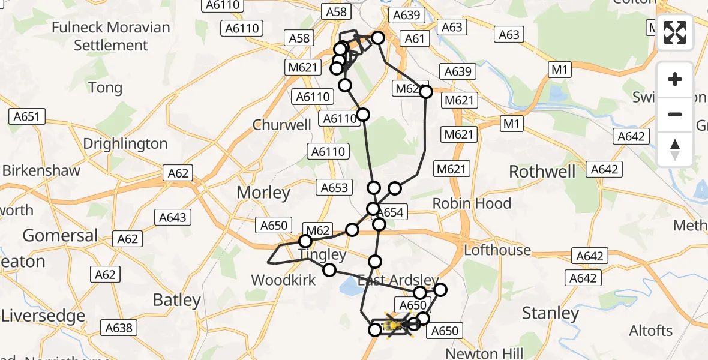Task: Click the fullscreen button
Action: coord(675,32)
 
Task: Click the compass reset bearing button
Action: coord(675,149)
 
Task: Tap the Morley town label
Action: coord(263,193)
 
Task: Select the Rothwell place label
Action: coord(542,172)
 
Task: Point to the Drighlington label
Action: coord(125,144)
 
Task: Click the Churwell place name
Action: coord(282,125)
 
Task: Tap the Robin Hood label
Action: coord(472,203)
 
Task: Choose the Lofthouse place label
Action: coord(498,250)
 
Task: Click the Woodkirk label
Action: coord(283,280)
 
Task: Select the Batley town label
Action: coord(176,300)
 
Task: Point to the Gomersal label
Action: coord(60,235)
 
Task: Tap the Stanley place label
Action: coord(550,313)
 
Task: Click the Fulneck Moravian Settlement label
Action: coord(111,36)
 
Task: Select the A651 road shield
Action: coord(28,116)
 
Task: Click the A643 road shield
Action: coord(173,217)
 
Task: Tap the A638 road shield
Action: coord(119,328)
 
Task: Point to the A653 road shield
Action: coord(334,188)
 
